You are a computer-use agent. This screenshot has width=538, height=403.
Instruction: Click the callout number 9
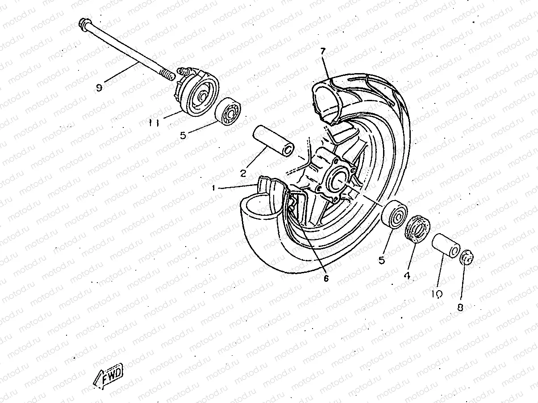point(99,87)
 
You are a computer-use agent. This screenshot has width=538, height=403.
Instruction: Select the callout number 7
point(323,51)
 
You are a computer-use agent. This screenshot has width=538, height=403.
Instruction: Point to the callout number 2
point(243,173)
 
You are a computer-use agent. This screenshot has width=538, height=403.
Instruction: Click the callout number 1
point(213,188)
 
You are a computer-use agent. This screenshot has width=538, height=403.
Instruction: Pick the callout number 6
point(326,278)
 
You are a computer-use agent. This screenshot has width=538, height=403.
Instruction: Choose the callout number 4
point(407,276)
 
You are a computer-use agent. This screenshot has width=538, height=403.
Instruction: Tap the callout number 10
point(437,294)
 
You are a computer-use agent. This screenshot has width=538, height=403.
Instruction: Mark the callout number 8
point(460,308)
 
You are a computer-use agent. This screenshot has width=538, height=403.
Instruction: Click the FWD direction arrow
point(108,376)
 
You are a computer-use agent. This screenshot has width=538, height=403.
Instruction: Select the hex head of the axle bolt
point(83,24)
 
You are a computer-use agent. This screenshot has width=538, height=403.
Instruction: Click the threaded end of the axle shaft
point(167,74)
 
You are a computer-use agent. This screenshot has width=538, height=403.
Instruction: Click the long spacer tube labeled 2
point(274,142)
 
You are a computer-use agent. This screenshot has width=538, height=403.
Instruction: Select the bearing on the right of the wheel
point(394,214)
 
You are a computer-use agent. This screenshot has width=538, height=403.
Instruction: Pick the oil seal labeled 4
point(417,229)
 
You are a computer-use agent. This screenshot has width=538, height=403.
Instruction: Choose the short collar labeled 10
point(446,246)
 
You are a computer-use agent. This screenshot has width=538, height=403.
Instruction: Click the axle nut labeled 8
point(467,257)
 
